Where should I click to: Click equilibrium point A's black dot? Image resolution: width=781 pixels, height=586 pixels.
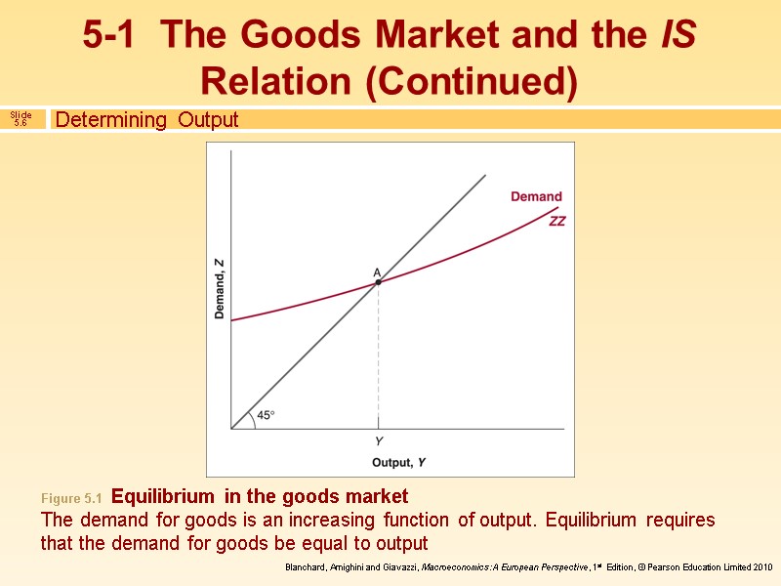point(378,282)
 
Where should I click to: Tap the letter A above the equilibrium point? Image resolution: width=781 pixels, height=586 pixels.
point(376,272)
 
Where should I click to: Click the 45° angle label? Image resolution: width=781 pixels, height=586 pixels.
point(266,415)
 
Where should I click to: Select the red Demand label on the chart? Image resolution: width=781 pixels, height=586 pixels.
point(536,197)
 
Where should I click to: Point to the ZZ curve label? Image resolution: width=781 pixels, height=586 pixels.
point(556,222)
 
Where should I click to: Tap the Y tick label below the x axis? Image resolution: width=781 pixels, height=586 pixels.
point(378,441)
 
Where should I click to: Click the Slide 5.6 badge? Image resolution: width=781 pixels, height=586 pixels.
point(21,119)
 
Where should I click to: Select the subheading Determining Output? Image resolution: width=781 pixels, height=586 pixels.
point(146,120)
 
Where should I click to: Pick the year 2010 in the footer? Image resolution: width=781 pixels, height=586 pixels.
point(761,567)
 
